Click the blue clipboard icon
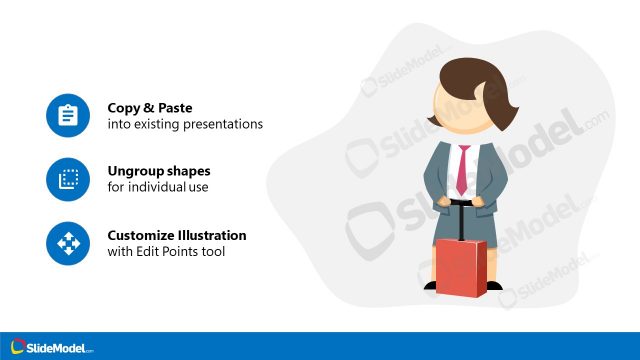coord(68,116)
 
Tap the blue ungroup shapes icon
coord(68,180)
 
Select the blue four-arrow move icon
coord(68,243)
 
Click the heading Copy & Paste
coord(150,107)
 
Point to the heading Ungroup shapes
coord(159,170)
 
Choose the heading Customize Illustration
coord(177,235)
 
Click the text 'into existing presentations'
coord(185,125)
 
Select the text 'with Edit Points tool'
coord(166,252)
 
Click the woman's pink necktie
coord(462,170)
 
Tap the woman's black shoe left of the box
coord(429,285)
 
